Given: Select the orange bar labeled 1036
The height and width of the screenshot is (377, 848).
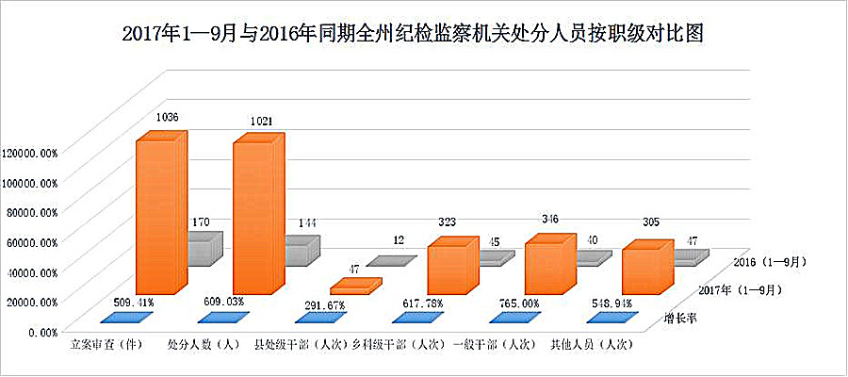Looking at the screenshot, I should [x=156, y=217].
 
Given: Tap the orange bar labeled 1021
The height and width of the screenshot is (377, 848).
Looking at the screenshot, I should [x=253, y=217].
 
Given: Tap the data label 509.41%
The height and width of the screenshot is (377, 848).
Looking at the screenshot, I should [x=133, y=303].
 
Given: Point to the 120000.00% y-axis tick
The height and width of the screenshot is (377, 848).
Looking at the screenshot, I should [x=31, y=152].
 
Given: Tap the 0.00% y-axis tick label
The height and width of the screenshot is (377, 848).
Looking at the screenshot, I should [x=41, y=332].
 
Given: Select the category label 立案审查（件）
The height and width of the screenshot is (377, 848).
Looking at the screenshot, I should [x=106, y=346].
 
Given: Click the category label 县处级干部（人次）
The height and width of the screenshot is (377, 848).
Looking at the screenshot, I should [x=299, y=346].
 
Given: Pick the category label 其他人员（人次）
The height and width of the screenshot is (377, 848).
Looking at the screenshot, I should [x=591, y=346].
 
